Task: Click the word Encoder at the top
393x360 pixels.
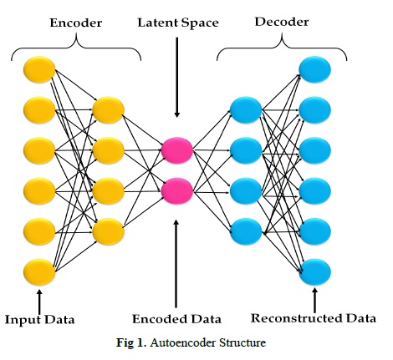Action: [x=76, y=23]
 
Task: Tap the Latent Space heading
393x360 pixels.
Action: [x=178, y=23]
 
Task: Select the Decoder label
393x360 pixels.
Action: [x=282, y=22]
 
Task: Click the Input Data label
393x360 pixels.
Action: [x=40, y=320]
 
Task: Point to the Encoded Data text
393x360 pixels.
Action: [x=176, y=319]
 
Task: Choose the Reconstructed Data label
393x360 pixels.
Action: [x=314, y=318]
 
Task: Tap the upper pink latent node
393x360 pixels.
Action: [x=177, y=150]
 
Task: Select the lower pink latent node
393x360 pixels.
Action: [x=177, y=191]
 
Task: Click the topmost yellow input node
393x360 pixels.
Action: [x=39, y=69]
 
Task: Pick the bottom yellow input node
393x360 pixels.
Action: [x=39, y=272]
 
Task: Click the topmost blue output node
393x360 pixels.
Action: [x=315, y=69]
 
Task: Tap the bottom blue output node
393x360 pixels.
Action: [x=315, y=272]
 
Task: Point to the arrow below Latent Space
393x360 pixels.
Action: [x=177, y=78]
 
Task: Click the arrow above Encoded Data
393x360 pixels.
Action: [x=176, y=264]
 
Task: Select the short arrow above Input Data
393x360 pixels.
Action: [x=39, y=302]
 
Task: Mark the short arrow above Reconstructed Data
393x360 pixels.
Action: [x=315, y=300]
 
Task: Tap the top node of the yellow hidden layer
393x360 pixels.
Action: [x=109, y=110]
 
